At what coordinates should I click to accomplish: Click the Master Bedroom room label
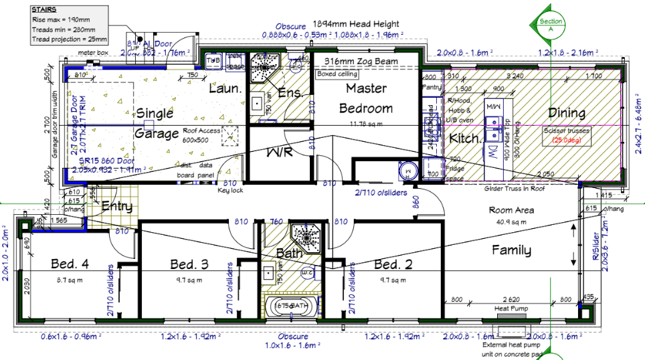pyautogui.click(x=365, y=98)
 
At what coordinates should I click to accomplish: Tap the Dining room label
pyautogui.click(x=566, y=113)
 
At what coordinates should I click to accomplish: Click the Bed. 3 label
pyautogui.click(x=190, y=264)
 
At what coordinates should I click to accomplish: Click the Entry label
pyautogui.click(x=117, y=207)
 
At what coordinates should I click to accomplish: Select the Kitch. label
pyautogui.click(x=464, y=139)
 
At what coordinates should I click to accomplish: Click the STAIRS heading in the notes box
pyautogui.click(x=44, y=11)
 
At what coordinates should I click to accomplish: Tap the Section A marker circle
pyautogui.click(x=550, y=25)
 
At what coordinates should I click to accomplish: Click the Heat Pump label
pyautogui.click(x=510, y=309)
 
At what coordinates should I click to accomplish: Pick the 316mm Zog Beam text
pyautogui.click(x=361, y=62)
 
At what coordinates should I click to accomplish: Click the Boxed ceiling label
pyautogui.click(x=337, y=74)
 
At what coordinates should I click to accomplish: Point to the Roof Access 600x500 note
pyautogui.click(x=201, y=136)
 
